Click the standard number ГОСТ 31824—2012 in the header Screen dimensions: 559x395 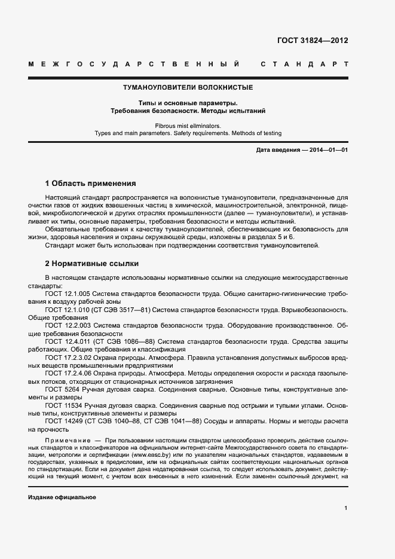click(x=312, y=41)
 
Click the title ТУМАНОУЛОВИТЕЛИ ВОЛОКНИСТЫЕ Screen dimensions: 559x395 click(x=188, y=87)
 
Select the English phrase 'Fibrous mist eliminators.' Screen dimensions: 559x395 click(x=188, y=126)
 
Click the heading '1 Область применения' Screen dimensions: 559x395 click(x=91, y=184)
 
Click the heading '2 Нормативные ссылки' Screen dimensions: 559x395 click(x=92, y=263)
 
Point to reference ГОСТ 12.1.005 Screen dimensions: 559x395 click(x=67, y=294)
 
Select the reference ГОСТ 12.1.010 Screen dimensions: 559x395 click(x=67, y=310)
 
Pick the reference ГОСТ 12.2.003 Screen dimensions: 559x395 click(x=67, y=325)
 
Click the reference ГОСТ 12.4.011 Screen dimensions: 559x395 click(x=67, y=341)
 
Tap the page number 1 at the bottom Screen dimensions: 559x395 click(x=345, y=508)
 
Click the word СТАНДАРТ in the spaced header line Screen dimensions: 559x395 click(x=305, y=64)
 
